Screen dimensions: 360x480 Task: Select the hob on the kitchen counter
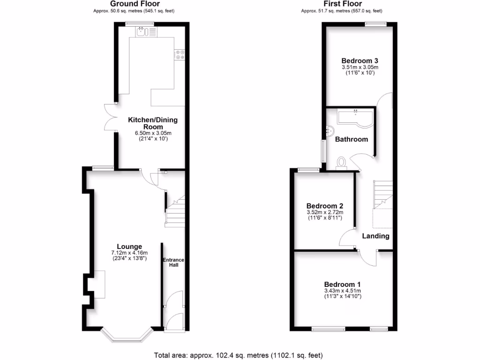[180, 54]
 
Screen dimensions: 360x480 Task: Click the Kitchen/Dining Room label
[153, 123]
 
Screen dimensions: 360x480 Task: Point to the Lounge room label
[129, 247]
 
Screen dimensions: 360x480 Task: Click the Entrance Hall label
[173, 262]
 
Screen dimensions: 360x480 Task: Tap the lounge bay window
[127, 337]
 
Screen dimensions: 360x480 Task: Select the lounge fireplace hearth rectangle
[99, 284]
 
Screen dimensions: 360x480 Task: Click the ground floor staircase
[175, 212]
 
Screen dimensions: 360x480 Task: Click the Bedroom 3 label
[360, 61]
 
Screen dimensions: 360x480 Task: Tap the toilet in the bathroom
[342, 162]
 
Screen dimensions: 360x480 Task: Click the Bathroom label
[352, 139]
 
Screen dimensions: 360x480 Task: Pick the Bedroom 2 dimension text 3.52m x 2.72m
[325, 212]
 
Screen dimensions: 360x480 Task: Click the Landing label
[376, 236]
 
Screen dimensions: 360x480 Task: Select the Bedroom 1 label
[343, 285]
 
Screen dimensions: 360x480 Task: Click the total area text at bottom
[239, 355]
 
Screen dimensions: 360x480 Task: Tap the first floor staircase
[382, 195]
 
